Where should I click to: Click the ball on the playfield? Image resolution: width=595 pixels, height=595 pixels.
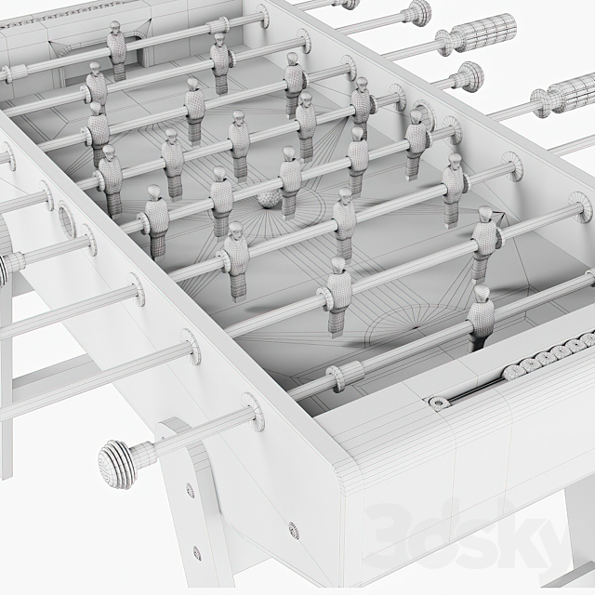click(x=269, y=198)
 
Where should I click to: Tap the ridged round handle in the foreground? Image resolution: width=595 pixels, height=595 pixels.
click(x=119, y=462)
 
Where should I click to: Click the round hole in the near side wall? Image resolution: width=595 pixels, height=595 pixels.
click(x=68, y=219)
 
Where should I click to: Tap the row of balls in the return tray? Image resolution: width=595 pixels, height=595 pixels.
click(x=549, y=357)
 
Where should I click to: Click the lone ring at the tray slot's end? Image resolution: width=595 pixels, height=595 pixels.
click(x=438, y=402)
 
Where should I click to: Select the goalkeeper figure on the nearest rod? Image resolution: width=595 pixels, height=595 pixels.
click(x=480, y=316)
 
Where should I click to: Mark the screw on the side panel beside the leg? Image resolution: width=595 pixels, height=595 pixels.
click(x=294, y=531)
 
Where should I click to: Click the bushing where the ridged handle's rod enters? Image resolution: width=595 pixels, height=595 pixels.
click(x=252, y=413)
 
